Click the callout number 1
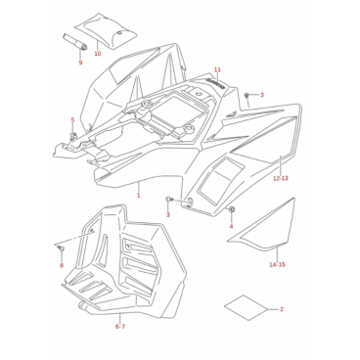[x=138, y=196]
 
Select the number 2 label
[x=282, y=309]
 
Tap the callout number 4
[x=231, y=226]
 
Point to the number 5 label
[x=72, y=120]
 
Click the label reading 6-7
[x=120, y=327]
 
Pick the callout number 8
[x=62, y=265]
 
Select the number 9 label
[x=80, y=63]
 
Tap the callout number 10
[x=98, y=54]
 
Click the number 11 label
[x=217, y=69]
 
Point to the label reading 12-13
[x=281, y=178]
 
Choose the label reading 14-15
[x=277, y=264]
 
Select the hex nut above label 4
[x=232, y=210]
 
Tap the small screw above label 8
[x=61, y=248]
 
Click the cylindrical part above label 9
[x=74, y=42]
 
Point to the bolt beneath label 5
[x=73, y=135]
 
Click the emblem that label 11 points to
[x=217, y=83]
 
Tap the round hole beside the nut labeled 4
[x=189, y=202]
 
